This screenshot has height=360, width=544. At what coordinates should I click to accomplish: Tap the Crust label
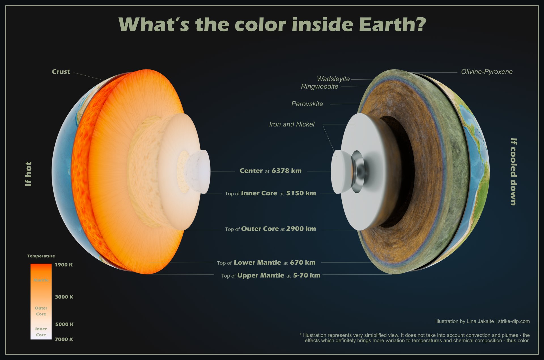click(61, 72)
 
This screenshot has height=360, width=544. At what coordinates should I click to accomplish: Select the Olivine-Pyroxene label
click(487, 72)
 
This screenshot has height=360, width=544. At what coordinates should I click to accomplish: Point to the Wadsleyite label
click(333, 79)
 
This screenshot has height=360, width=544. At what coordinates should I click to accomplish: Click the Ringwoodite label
click(320, 86)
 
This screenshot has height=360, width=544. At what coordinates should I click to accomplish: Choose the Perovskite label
click(307, 104)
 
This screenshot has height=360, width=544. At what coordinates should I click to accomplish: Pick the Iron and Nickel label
click(292, 124)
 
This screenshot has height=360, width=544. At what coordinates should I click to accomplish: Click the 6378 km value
click(286, 171)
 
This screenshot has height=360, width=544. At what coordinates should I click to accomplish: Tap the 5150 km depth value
click(301, 193)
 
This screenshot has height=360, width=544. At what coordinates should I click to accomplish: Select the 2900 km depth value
click(301, 229)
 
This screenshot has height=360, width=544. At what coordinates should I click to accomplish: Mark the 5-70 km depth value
click(307, 275)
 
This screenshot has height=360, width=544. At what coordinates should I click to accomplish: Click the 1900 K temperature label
click(64, 265)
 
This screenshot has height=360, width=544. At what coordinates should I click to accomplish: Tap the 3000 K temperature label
click(64, 297)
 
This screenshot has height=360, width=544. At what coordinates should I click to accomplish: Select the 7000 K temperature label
click(64, 339)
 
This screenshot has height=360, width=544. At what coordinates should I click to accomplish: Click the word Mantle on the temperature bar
click(41, 280)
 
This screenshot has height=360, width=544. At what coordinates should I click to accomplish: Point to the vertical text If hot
click(28, 174)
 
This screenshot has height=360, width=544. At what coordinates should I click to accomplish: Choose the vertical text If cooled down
click(514, 172)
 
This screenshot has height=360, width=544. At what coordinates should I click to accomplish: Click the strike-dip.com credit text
click(514, 321)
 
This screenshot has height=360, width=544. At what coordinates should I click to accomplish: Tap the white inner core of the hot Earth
click(198, 171)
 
